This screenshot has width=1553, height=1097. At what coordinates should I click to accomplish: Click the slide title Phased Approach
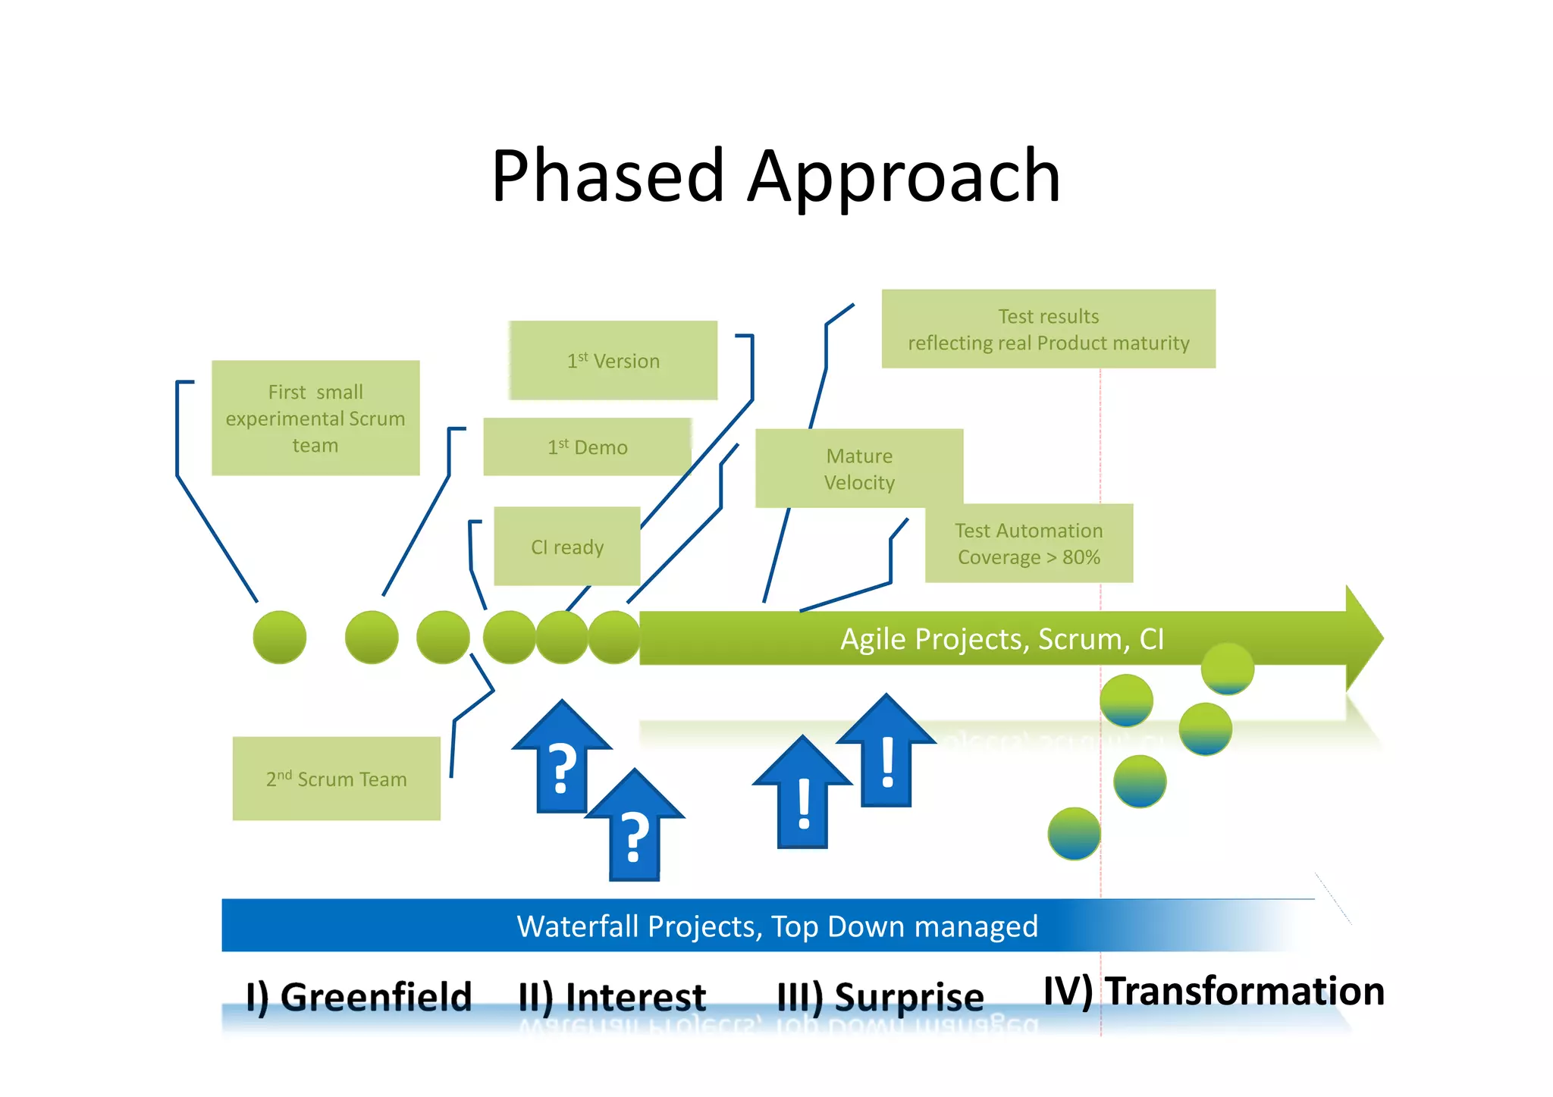click(775, 176)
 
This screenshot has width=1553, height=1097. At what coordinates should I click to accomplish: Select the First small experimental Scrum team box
click(315, 418)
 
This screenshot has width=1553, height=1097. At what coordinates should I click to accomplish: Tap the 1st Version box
click(613, 361)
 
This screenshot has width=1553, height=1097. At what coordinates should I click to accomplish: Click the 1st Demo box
click(587, 447)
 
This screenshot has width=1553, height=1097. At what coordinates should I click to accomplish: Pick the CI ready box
click(567, 547)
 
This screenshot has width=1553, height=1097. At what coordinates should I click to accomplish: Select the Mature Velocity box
click(859, 469)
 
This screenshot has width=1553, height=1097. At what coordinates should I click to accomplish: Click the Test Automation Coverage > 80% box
click(1028, 544)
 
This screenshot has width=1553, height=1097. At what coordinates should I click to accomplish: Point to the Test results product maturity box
click(1048, 329)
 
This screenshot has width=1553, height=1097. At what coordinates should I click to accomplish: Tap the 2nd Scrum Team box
click(336, 779)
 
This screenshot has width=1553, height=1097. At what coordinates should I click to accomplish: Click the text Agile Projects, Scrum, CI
click(1001, 639)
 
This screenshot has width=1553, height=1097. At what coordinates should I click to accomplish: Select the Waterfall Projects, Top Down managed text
click(776, 926)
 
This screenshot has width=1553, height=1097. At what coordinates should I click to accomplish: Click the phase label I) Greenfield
click(359, 996)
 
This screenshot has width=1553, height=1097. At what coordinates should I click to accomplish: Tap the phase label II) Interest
click(612, 996)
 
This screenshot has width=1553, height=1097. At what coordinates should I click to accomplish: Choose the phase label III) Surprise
click(880, 996)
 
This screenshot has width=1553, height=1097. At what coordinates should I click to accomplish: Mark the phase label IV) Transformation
click(1213, 991)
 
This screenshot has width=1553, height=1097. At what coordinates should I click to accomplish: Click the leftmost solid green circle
click(280, 637)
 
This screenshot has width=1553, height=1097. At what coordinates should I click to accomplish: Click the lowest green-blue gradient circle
click(1074, 833)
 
